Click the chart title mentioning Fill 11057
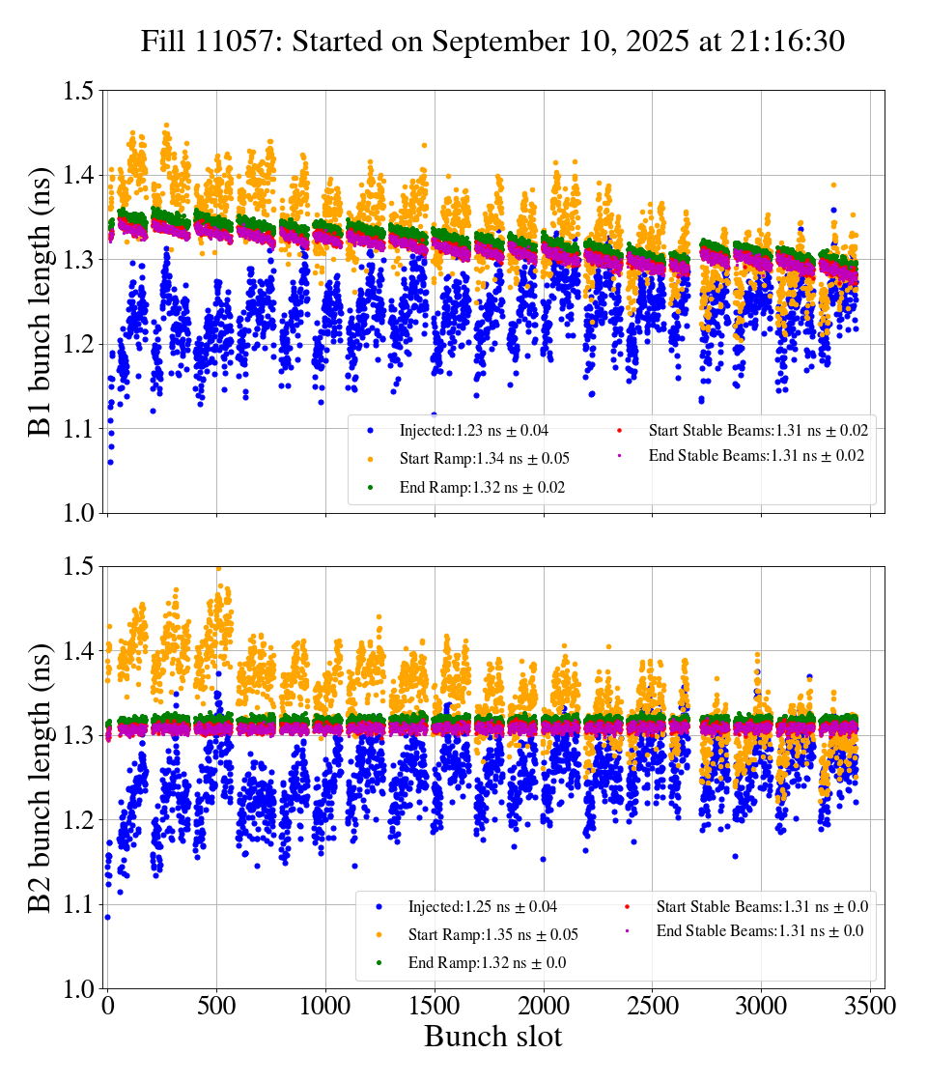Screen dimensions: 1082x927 [492, 42]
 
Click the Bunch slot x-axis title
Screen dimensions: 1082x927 [492, 1038]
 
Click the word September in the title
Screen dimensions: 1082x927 [492, 42]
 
